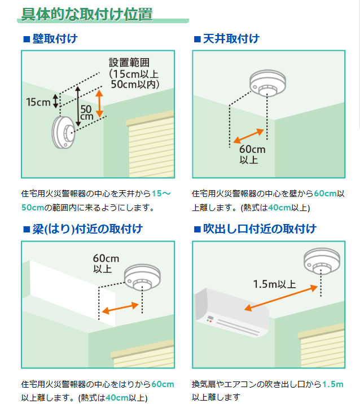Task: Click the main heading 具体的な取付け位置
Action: pyautogui.click(x=87, y=14)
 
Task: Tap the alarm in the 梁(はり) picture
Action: pyautogui.click(x=141, y=278)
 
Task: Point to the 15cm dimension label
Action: pyautogui.click(x=38, y=102)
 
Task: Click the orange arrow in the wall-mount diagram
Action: pyautogui.click(x=99, y=103)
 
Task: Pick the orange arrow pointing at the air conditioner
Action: pyautogui.click(x=280, y=298)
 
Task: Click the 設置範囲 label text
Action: pyautogui.click(x=129, y=62)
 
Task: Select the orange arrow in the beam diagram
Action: pyautogui.click(x=121, y=308)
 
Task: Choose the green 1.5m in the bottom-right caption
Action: pyautogui.click(x=332, y=384)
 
